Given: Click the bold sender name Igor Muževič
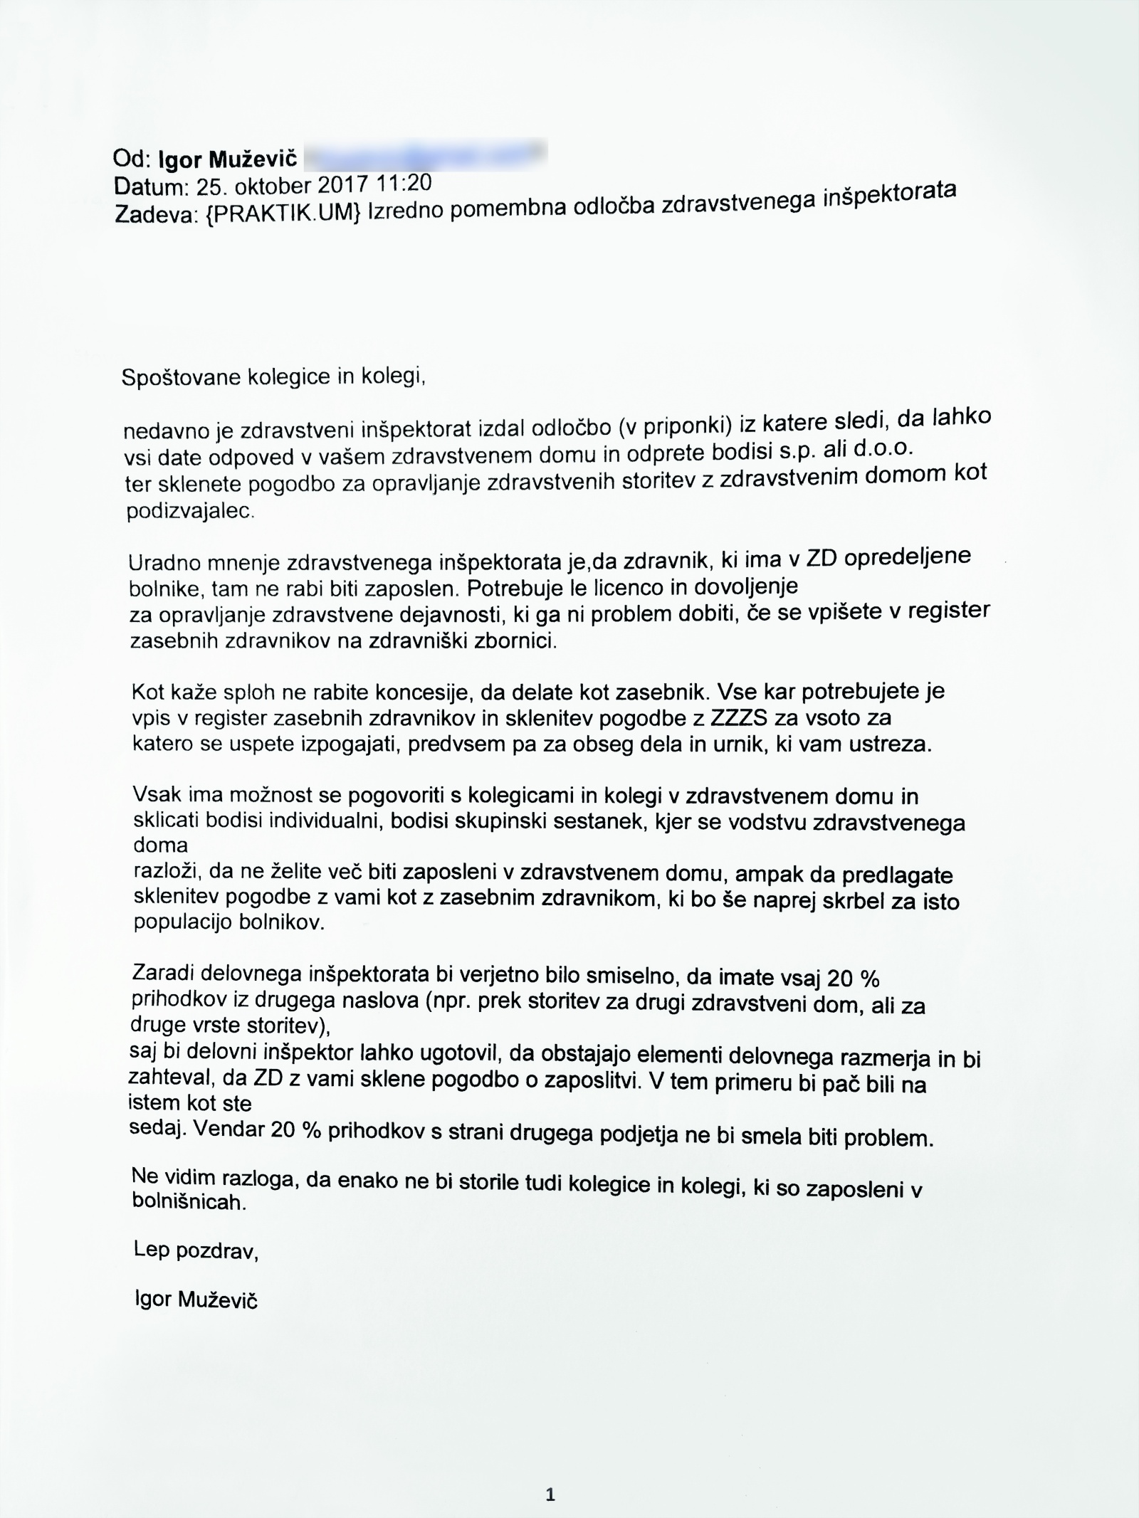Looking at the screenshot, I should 228,159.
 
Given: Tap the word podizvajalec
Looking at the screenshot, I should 189,512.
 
